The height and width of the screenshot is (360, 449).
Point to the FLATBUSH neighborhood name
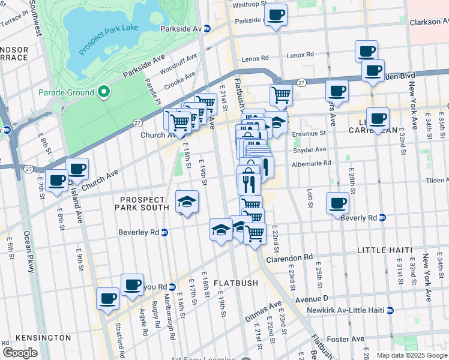click(235, 283)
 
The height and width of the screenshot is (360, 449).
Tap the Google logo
click(19, 353)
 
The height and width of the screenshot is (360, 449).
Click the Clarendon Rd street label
click(291, 257)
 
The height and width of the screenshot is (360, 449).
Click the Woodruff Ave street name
click(178, 62)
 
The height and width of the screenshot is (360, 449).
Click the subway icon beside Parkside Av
click(207, 28)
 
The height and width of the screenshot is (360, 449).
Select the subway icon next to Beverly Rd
click(382, 218)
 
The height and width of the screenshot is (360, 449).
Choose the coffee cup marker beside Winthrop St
click(276, 14)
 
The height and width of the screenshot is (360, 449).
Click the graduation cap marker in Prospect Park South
click(187, 201)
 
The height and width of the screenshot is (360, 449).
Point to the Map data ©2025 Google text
click(411, 355)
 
